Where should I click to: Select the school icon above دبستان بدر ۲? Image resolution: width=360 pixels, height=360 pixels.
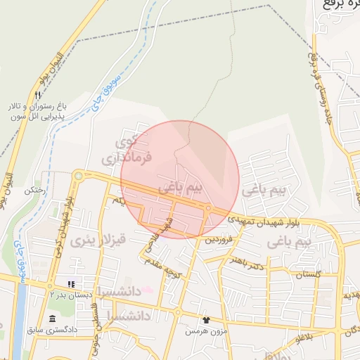pos(71,284)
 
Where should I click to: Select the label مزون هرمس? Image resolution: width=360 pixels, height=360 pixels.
pos(202,330)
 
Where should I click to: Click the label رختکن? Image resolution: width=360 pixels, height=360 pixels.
pos(34,191)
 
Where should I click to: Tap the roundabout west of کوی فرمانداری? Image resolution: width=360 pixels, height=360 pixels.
pos(79,176)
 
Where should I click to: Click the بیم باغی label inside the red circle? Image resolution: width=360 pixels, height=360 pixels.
pos(180,189)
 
